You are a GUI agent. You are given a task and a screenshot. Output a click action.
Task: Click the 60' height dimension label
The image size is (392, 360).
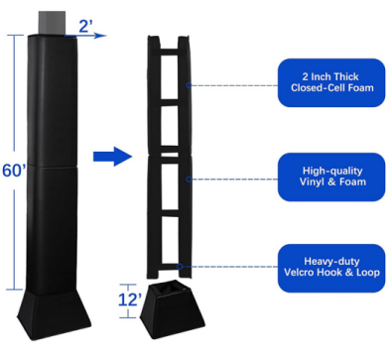(14, 171)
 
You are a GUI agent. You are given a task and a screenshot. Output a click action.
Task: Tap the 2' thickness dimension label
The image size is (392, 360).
(85, 26)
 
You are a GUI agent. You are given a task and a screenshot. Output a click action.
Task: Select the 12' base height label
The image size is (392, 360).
(130, 300)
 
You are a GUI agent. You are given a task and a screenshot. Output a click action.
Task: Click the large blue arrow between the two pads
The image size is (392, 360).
(113, 156)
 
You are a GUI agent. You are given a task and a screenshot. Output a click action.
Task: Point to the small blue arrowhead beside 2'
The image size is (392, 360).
(100, 36)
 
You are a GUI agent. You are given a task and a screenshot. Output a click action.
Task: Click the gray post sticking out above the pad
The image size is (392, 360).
(52, 23)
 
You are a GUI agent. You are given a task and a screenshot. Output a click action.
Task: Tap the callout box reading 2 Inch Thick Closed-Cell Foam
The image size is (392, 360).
(331, 82)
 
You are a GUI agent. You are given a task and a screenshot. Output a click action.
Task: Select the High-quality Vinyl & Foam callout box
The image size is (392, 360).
(331, 177)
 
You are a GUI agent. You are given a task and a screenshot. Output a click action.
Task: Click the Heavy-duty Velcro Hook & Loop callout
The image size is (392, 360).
(331, 268)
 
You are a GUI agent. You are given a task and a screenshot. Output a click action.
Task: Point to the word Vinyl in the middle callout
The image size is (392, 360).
(312, 181)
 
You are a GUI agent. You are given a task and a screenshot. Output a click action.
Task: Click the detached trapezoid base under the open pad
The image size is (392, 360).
(173, 309)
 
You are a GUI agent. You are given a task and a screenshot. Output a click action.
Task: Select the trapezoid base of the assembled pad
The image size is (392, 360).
(54, 314)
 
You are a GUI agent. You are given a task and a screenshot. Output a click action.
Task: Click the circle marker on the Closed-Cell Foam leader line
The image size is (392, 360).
(189, 85)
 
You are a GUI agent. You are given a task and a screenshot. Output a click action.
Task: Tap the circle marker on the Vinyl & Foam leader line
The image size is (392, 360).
(189, 180)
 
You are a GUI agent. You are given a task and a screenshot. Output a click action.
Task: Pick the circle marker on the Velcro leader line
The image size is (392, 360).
(180, 267)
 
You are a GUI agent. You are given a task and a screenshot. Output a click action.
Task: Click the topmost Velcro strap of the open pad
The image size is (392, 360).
(170, 52)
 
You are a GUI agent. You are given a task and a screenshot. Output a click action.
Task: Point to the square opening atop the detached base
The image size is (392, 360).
(172, 288)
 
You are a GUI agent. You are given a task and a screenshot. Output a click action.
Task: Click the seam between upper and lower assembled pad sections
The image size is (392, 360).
(53, 166)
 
